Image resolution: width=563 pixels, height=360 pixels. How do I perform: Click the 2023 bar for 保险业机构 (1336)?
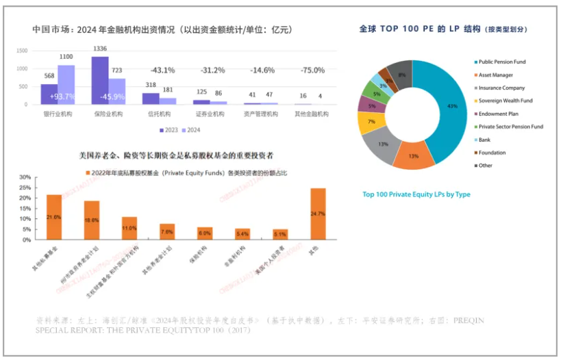point(100,80)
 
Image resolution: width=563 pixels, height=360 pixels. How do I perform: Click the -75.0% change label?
point(313,70)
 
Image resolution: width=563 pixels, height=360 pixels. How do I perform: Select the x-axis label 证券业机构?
point(210,114)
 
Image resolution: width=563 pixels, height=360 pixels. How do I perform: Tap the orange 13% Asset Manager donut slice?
point(414,155)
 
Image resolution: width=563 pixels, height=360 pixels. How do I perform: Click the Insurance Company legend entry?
point(501,88)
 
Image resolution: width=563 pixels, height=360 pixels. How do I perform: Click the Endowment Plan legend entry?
point(499,114)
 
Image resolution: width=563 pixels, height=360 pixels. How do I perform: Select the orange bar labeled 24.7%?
point(318,214)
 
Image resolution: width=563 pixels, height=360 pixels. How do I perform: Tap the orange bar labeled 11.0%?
point(129,228)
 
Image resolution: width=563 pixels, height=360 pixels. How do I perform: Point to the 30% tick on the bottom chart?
point(25,177)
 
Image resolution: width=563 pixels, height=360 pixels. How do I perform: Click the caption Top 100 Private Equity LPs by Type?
point(416,194)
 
